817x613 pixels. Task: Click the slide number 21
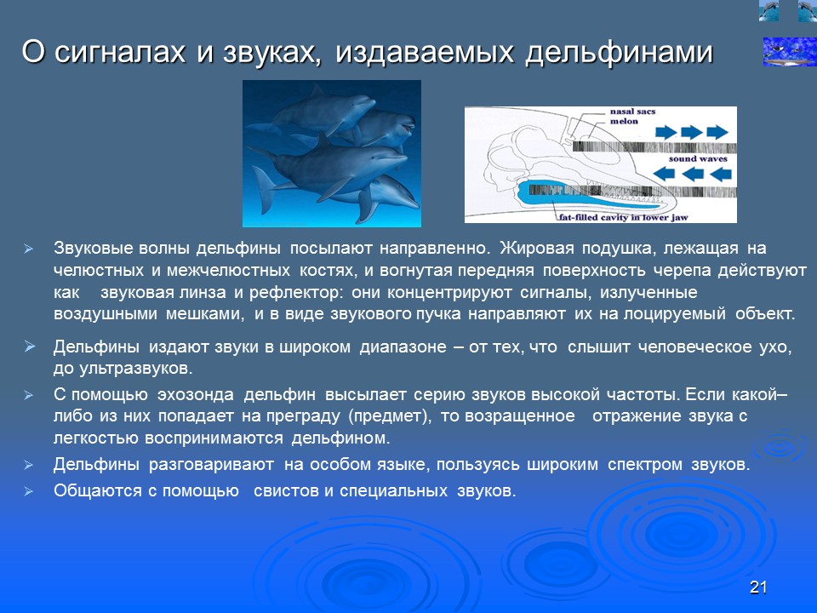tap(759, 587)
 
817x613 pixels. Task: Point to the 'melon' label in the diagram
tap(624, 122)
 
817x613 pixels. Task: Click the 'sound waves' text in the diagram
tap(694, 158)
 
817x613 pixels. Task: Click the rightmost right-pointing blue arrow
tap(717, 132)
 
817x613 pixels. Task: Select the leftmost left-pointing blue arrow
tap(666, 175)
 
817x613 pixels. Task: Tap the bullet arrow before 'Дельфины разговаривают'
tap(28, 466)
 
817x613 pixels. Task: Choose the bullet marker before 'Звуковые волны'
tap(28, 249)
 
